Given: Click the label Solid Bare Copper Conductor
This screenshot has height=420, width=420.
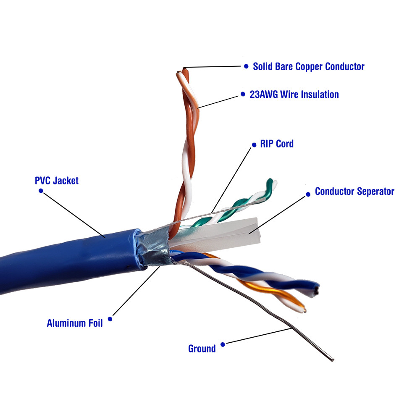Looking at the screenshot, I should coord(309,66).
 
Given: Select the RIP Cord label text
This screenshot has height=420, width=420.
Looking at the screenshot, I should coord(277,144).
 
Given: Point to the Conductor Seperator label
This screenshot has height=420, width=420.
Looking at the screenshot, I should coord(354,192).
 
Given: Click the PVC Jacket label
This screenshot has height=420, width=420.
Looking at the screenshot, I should coord(57,181).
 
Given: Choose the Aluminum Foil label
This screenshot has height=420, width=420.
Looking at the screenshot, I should coord(75,323).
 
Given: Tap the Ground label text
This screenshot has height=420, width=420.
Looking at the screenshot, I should coord(202,349).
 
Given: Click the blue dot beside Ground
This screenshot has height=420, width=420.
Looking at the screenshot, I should coord(223,344).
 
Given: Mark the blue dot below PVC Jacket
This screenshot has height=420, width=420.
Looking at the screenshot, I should coord(41,190).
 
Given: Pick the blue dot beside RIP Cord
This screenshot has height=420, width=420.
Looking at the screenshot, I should coord(254,145).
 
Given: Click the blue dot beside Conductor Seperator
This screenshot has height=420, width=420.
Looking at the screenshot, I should coord(306,194).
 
